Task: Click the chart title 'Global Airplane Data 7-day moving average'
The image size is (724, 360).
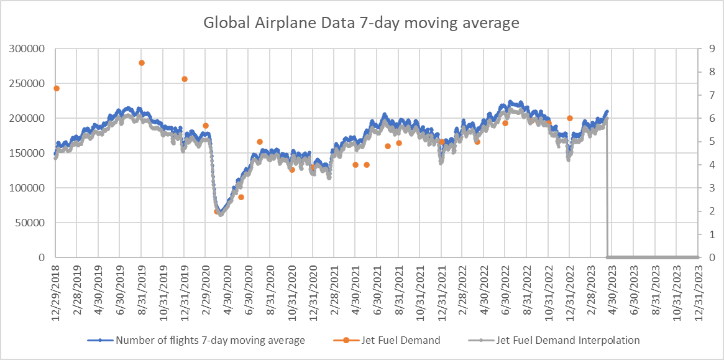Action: [362, 24]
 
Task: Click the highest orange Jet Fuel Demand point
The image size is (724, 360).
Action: [142, 63]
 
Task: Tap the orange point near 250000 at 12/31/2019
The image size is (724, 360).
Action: [185, 79]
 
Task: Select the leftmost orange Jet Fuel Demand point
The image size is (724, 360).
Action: [57, 88]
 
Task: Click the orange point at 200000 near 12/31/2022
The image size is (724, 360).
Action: [570, 118]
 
